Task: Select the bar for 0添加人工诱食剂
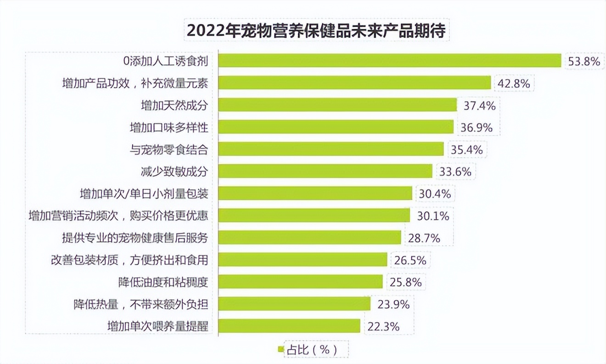click(x=389, y=61)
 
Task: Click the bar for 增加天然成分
click(x=337, y=105)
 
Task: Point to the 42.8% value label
click(x=514, y=83)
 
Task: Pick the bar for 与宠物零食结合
click(x=331, y=149)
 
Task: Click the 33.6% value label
click(x=455, y=171)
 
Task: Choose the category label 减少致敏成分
click(x=174, y=171)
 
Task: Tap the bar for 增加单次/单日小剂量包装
click(x=315, y=193)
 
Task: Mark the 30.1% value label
click(x=433, y=215)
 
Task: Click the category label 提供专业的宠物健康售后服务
click(x=135, y=237)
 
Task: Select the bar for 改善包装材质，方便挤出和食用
click(x=303, y=259)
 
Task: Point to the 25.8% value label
click(x=405, y=282)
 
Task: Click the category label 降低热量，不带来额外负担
click(x=140, y=304)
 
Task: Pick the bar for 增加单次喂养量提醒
click(x=289, y=326)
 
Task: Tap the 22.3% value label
click(x=383, y=326)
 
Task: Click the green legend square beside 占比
click(x=281, y=350)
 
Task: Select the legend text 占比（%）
click(x=312, y=350)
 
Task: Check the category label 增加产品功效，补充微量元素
click(x=135, y=83)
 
